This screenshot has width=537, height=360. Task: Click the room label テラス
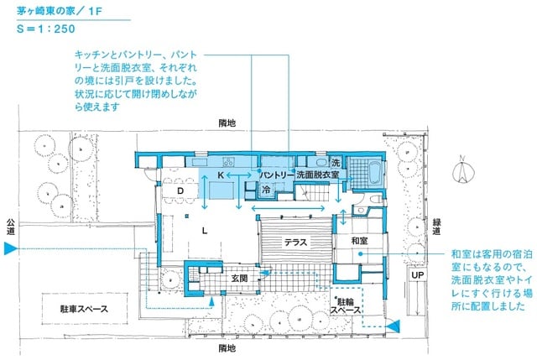[295, 242]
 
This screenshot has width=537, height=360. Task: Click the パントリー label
[275, 175]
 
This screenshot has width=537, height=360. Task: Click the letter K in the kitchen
[221, 175]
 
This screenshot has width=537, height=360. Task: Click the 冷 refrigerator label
[265, 190]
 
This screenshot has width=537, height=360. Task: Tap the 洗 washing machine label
[335, 162]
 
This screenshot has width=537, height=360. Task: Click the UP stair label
[417, 274]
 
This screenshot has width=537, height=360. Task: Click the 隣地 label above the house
[227, 123]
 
